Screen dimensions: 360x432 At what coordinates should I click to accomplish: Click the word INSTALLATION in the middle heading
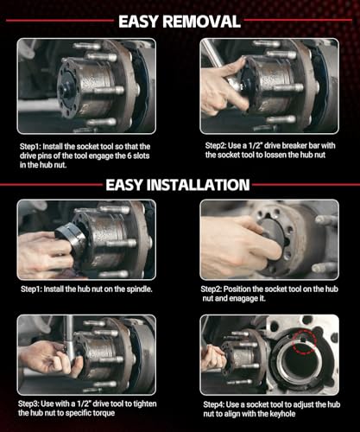coord(198,185)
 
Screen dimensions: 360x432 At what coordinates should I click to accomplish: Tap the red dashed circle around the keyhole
coord(304,341)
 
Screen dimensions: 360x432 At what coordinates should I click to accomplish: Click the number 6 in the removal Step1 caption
coord(129,156)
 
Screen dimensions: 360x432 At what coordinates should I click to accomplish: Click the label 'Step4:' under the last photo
coord(213,404)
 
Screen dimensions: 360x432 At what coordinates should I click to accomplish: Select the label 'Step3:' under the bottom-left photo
coord(28,403)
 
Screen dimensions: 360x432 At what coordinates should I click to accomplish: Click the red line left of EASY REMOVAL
coord(60,21)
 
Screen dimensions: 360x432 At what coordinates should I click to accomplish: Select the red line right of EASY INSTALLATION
coord(306,184)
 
